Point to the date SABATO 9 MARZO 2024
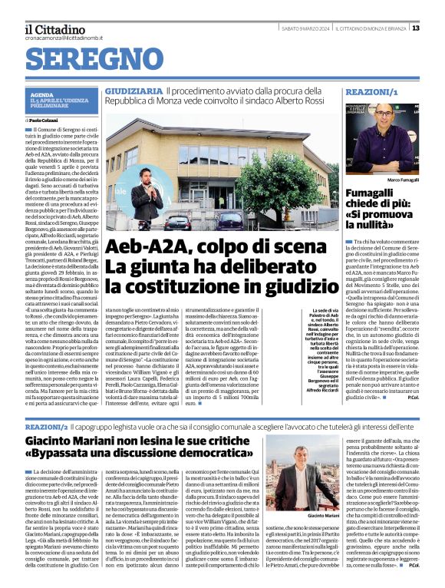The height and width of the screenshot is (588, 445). pyautogui.click(x=305, y=28)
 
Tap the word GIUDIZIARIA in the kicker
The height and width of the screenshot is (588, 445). pyautogui.click(x=133, y=91)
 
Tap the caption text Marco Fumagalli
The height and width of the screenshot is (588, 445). pyautogui.click(x=404, y=179)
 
